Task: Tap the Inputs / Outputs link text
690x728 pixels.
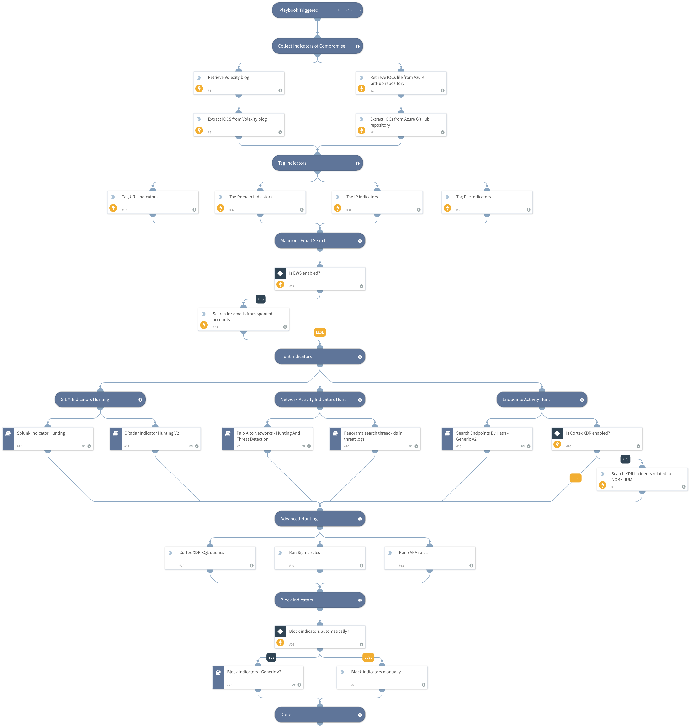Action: tap(349, 10)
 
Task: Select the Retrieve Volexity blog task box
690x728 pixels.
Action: tap(239, 83)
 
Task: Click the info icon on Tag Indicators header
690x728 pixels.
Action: tap(357, 163)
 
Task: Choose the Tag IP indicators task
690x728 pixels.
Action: tap(377, 202)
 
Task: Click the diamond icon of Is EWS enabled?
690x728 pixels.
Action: tap(280, 273)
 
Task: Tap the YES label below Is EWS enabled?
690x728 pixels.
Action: tap(260, 299)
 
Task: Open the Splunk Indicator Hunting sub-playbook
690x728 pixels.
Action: tap(48, 438)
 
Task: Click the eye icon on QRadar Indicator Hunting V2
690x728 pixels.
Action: tap(191, 446)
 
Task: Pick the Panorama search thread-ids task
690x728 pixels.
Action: tap(375, 438)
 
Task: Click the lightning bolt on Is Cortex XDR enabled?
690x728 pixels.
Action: tap(557, 444)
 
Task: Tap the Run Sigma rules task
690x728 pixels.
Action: tap(320, 558)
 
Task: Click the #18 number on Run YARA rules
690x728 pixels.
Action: tap(401, 566)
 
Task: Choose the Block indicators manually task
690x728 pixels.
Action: tap(382, 677)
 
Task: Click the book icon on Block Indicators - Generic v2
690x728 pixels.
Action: tap(218, 672)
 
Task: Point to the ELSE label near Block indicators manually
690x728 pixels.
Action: tap(368, 657)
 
